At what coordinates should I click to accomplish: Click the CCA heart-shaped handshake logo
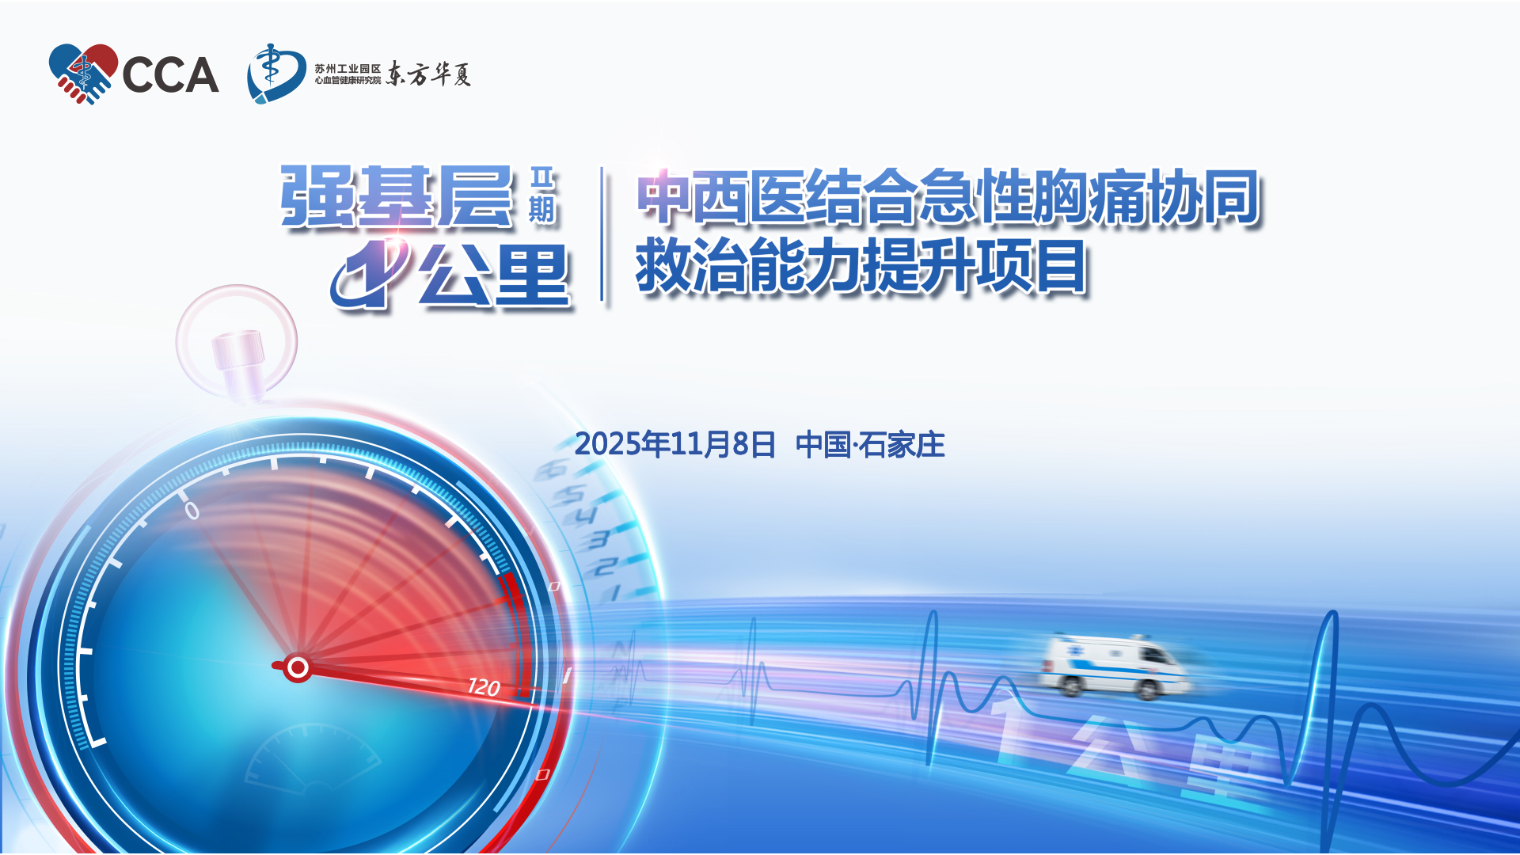coord(82,74)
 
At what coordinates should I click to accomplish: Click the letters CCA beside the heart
coord(170,75)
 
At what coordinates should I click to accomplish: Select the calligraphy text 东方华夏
coord(428,74)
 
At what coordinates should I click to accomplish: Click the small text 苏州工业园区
coord(348,69)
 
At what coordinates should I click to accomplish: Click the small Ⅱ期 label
coord(542,196)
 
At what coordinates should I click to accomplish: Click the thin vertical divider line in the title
coord(602,234)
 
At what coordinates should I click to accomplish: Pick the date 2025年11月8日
coord(674,445)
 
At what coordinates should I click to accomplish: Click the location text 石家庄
coord(902,445)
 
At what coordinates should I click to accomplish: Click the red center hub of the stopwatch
coord(297,667)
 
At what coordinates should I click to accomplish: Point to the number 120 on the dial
coord(484,686)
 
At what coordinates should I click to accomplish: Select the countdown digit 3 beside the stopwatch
coord(598,540)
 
